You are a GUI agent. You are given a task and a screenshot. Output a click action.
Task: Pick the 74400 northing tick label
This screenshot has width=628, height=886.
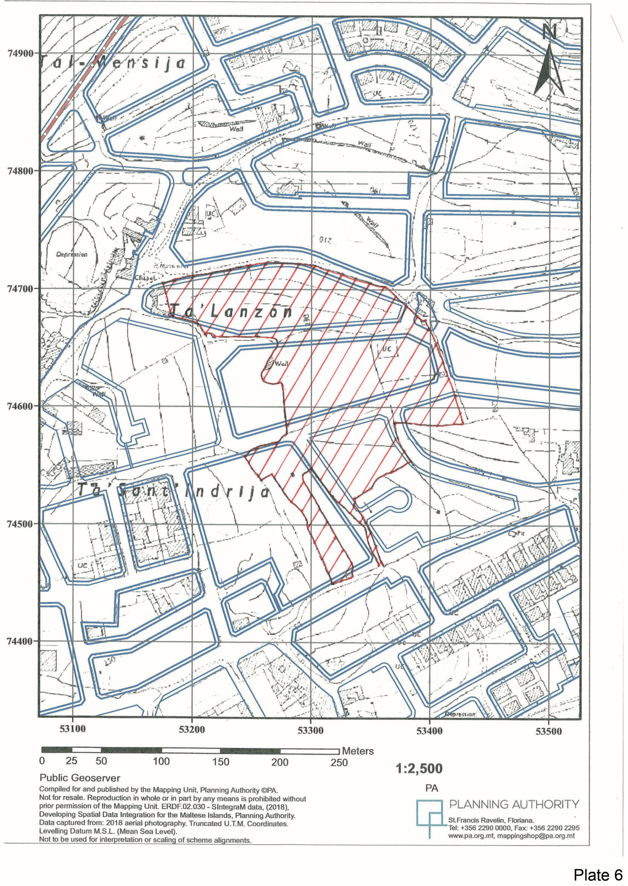click(20, 641)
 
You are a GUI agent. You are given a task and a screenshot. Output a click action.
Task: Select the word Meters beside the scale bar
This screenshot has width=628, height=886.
click(358, 751)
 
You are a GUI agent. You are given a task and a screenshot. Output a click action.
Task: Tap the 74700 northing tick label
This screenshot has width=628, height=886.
click(20, 288)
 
